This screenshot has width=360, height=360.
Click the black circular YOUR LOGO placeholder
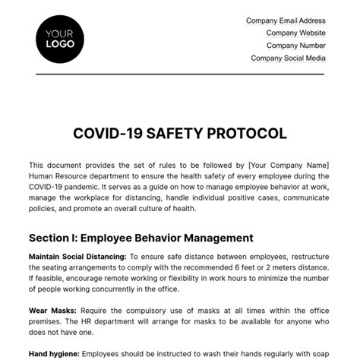pos(60,38)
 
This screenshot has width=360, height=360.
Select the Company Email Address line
pos(286,21)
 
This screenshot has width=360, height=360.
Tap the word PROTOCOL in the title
pos(248,134)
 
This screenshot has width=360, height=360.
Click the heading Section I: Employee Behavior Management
pos(141,238)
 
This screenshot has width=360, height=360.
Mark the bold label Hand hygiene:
pos(53,354)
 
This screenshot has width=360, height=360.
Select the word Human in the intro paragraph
pos(42,175)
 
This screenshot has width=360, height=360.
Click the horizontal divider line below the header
pos(180,74)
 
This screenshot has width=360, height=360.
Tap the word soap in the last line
pos(322,354)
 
